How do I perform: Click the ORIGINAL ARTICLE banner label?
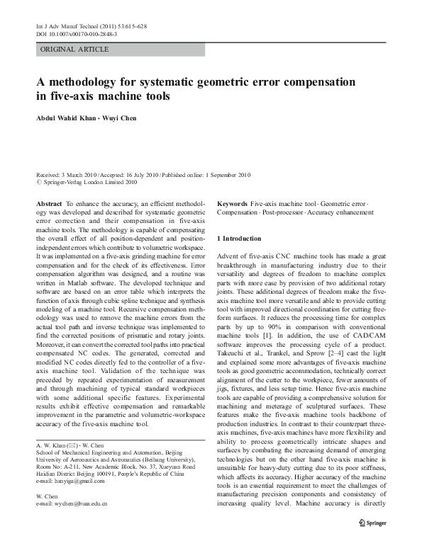click(x=74, y=50)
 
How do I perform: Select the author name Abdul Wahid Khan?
click(x=71, y=118)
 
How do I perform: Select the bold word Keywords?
click(x=232, y=203)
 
